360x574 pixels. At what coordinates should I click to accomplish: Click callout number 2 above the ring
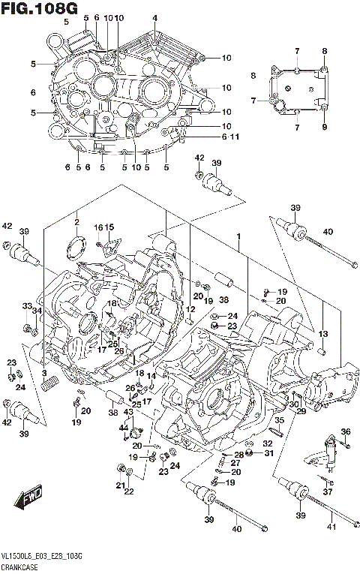[x=76, y=222]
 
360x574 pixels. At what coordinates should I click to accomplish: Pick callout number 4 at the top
[x=154, y=18]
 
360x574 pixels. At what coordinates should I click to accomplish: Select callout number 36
[x=345, y=431]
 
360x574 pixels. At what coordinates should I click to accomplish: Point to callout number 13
[x=323, y=332]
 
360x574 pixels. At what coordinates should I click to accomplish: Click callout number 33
[x=25, y=305]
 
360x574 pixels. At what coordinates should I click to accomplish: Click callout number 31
[x=268, y=454]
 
